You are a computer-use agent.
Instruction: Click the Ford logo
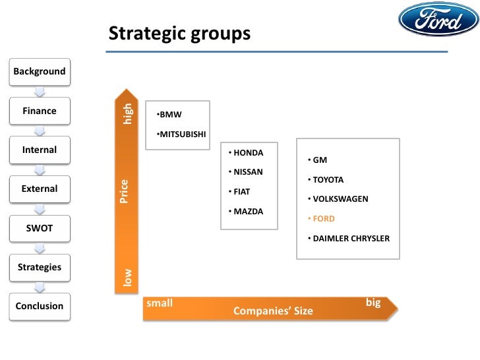pyautogui.click(x=438, y=19)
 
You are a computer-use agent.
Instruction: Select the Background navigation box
pyautogui.click(x=40, y=71)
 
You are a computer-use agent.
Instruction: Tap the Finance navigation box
pyautogui.click(x=40, y=111)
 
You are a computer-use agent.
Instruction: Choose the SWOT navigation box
pyautogui.click(x=40, y=228)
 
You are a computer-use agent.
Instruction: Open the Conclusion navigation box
pyautogui.click(x=40, y=306)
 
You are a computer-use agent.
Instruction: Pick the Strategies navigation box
pyautogui.click(x=40, y=267)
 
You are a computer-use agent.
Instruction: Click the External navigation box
pyautogui.click(x=40, y=189)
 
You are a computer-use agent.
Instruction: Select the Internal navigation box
pyautogui.click(x=40, y=150)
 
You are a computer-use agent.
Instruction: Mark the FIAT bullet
pyautogui.click(x=239, y=192)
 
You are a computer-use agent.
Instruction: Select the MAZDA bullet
pyautogui.click(x=245, y=212)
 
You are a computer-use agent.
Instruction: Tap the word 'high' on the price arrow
pyautogui.click(x=128, y=113)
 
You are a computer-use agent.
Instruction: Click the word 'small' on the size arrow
pyautogui.click(x=160, y=303)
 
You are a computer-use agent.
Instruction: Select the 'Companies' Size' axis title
pyautogui.click(x=273, y=311)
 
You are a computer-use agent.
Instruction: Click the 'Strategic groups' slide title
pyautogui.click(x=179, y=33)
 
